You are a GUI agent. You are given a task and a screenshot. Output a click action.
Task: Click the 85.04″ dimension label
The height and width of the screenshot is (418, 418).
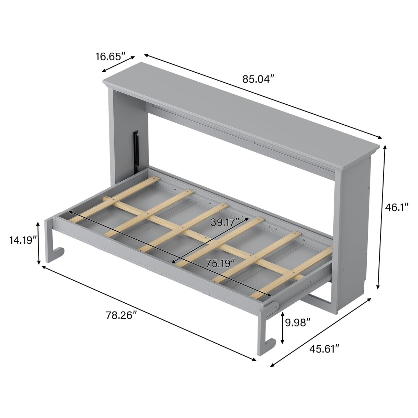point(258,79)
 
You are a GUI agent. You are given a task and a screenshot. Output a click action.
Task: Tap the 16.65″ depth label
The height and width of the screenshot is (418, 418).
point(110,56)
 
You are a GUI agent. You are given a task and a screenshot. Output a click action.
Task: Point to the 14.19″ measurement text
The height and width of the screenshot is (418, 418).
point(23,240)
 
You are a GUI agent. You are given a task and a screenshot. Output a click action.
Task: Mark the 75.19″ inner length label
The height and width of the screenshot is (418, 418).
point(220,263)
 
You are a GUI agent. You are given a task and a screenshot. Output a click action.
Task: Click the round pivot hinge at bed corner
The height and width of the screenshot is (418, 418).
point(274,305)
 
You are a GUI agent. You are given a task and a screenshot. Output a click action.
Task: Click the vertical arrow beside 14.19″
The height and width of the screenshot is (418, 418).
point(38,243)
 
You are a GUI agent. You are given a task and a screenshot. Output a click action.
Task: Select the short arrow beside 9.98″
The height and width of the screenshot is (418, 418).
point(283,328)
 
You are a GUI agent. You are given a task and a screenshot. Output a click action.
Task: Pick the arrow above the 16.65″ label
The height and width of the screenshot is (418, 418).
point(118,64)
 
